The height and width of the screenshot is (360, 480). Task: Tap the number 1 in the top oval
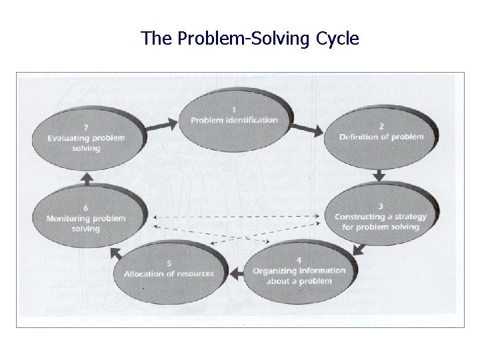(x=234, y=109)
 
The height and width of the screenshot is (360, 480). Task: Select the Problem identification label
(x=234, y=120)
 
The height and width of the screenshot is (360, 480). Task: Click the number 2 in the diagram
(x=381, y=125)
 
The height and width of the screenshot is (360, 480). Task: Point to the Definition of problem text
(x=381, y=137)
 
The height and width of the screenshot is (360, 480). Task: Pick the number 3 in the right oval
(x=380, y=205)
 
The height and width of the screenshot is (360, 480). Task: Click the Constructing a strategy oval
(x=377, y=216)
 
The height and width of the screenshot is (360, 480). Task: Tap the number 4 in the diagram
(x=299, y=260)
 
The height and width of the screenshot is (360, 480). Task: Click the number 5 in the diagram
(x=169, y=263)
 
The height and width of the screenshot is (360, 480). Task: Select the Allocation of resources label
(x=169, y=274)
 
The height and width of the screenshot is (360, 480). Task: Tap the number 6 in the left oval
(x=86, y=207)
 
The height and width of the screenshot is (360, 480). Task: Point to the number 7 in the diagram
(x=86, y=127)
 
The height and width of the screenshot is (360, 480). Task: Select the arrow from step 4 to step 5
(x=235, y=272)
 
